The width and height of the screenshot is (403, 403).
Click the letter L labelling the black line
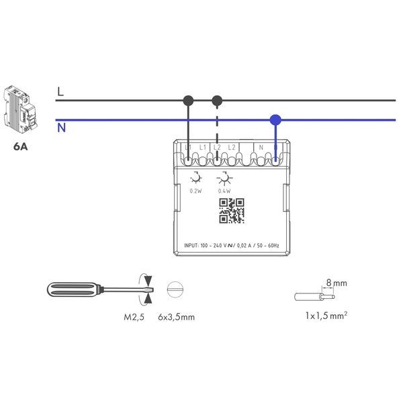point(60,92)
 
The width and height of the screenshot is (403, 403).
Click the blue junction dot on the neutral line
point(275,120)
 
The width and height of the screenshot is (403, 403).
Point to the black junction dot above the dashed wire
point(216,101)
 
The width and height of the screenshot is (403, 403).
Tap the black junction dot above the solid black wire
point(189,101)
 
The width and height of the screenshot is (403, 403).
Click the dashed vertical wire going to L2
point(216,131)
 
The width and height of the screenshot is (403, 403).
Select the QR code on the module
point(230,211)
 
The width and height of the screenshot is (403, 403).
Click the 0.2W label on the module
point(195,191)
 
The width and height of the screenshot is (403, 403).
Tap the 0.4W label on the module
point(224,191)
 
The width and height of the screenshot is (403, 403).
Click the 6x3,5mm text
point(176,316)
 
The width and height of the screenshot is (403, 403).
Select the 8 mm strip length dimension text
point(340,284)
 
